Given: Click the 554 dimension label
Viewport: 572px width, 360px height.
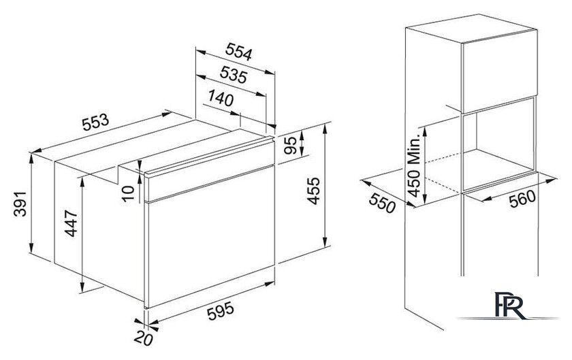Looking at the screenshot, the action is tap(238, 52).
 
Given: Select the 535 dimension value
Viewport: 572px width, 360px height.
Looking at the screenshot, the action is tap(234, 75).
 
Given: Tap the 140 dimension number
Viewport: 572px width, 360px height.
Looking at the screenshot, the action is tap(221, 98).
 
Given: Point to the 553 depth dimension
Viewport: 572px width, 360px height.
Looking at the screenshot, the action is tap(95, 122).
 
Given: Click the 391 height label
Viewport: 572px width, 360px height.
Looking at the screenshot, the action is tap(20, 203).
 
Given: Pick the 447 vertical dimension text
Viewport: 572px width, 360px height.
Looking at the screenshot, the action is tap(71, 223).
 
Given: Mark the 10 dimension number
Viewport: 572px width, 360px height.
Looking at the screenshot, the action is tap(128, 193).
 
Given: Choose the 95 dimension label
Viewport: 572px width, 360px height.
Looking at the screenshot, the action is tap(290, 145).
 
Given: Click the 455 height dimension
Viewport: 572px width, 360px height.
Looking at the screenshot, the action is tap(313, 191).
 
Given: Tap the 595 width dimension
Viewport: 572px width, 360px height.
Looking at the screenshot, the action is tap(221, 312).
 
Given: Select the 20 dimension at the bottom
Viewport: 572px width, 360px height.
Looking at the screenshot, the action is tap(143, 339).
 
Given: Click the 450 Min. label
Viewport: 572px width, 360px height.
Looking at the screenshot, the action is tap(414, 167).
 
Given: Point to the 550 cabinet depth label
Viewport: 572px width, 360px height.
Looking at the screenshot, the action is tap(382, 202).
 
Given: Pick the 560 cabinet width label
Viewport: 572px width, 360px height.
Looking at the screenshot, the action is tap(522, 199).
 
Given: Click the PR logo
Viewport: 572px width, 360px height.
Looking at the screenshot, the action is tap(510, 306).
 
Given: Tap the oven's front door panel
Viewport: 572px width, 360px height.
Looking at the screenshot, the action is tap(210, 237).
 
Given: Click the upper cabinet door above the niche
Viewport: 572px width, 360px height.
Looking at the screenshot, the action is tap(499, 71).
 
